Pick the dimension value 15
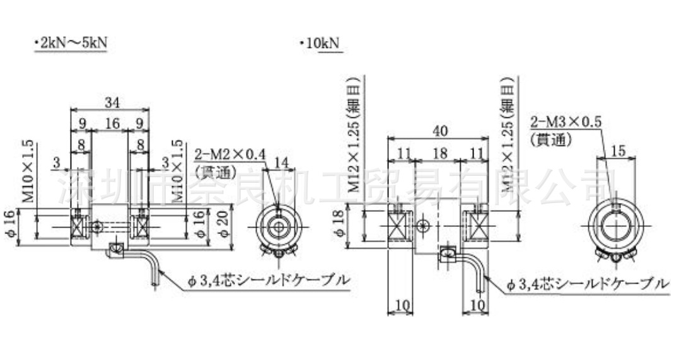[619, 151]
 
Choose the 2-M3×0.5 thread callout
[566, 121]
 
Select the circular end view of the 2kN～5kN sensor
[277, 228]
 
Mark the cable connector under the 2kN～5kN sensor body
[115, 251]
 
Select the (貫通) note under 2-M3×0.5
[550, 138]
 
